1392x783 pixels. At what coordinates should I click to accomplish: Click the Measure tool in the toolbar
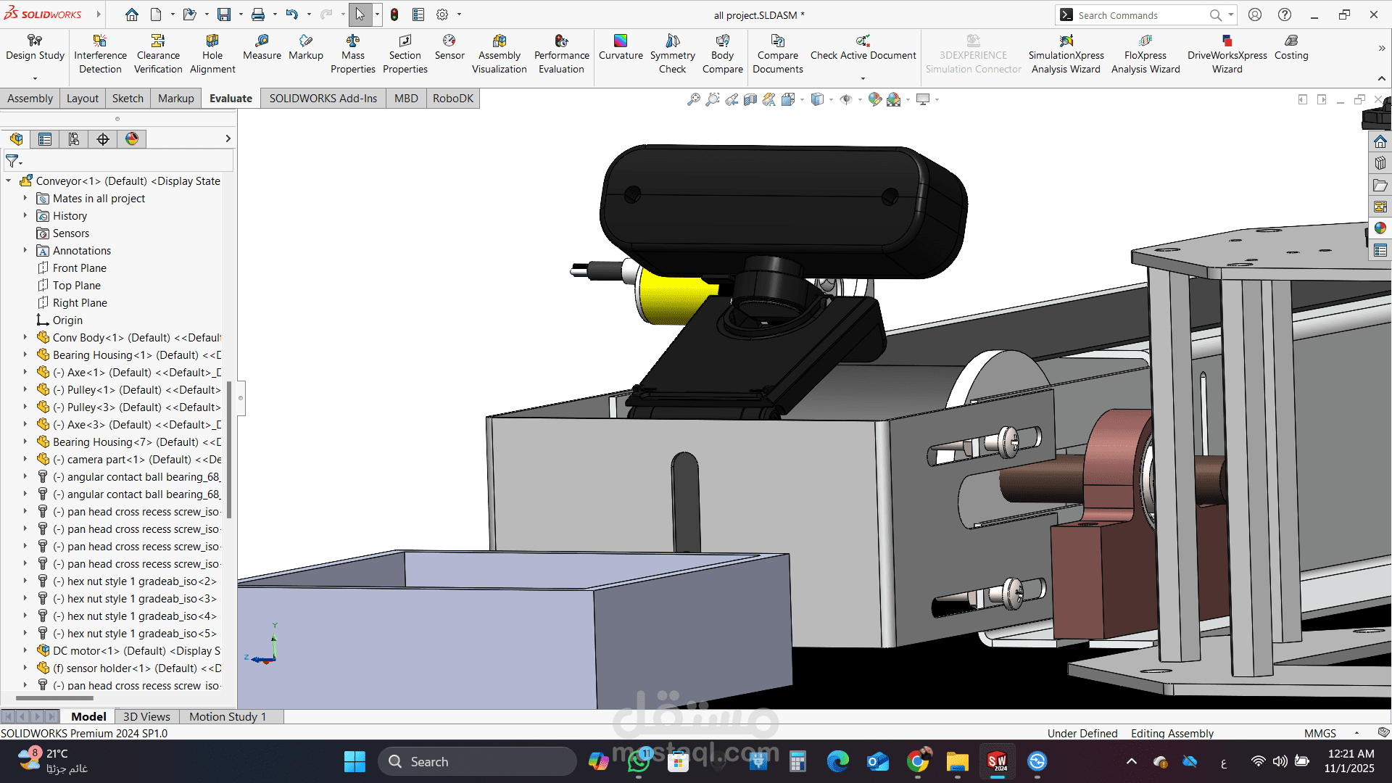click(x=262, y=48)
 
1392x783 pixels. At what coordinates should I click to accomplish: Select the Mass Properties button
click(x=353, y=54)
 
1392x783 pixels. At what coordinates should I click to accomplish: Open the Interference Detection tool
click(x=100, y=54)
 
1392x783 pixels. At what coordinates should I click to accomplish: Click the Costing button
click(x=1291, y=48)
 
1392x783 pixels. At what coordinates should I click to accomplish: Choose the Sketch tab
click(x=128, y=99)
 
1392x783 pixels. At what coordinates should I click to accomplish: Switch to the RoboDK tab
click(x=452, y=99)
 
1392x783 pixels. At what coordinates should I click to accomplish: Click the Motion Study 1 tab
click(x=228, y=716)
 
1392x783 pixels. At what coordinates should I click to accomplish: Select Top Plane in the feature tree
click(x=76, y=286)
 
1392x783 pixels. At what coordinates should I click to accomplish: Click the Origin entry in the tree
click(x=67, y=320)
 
